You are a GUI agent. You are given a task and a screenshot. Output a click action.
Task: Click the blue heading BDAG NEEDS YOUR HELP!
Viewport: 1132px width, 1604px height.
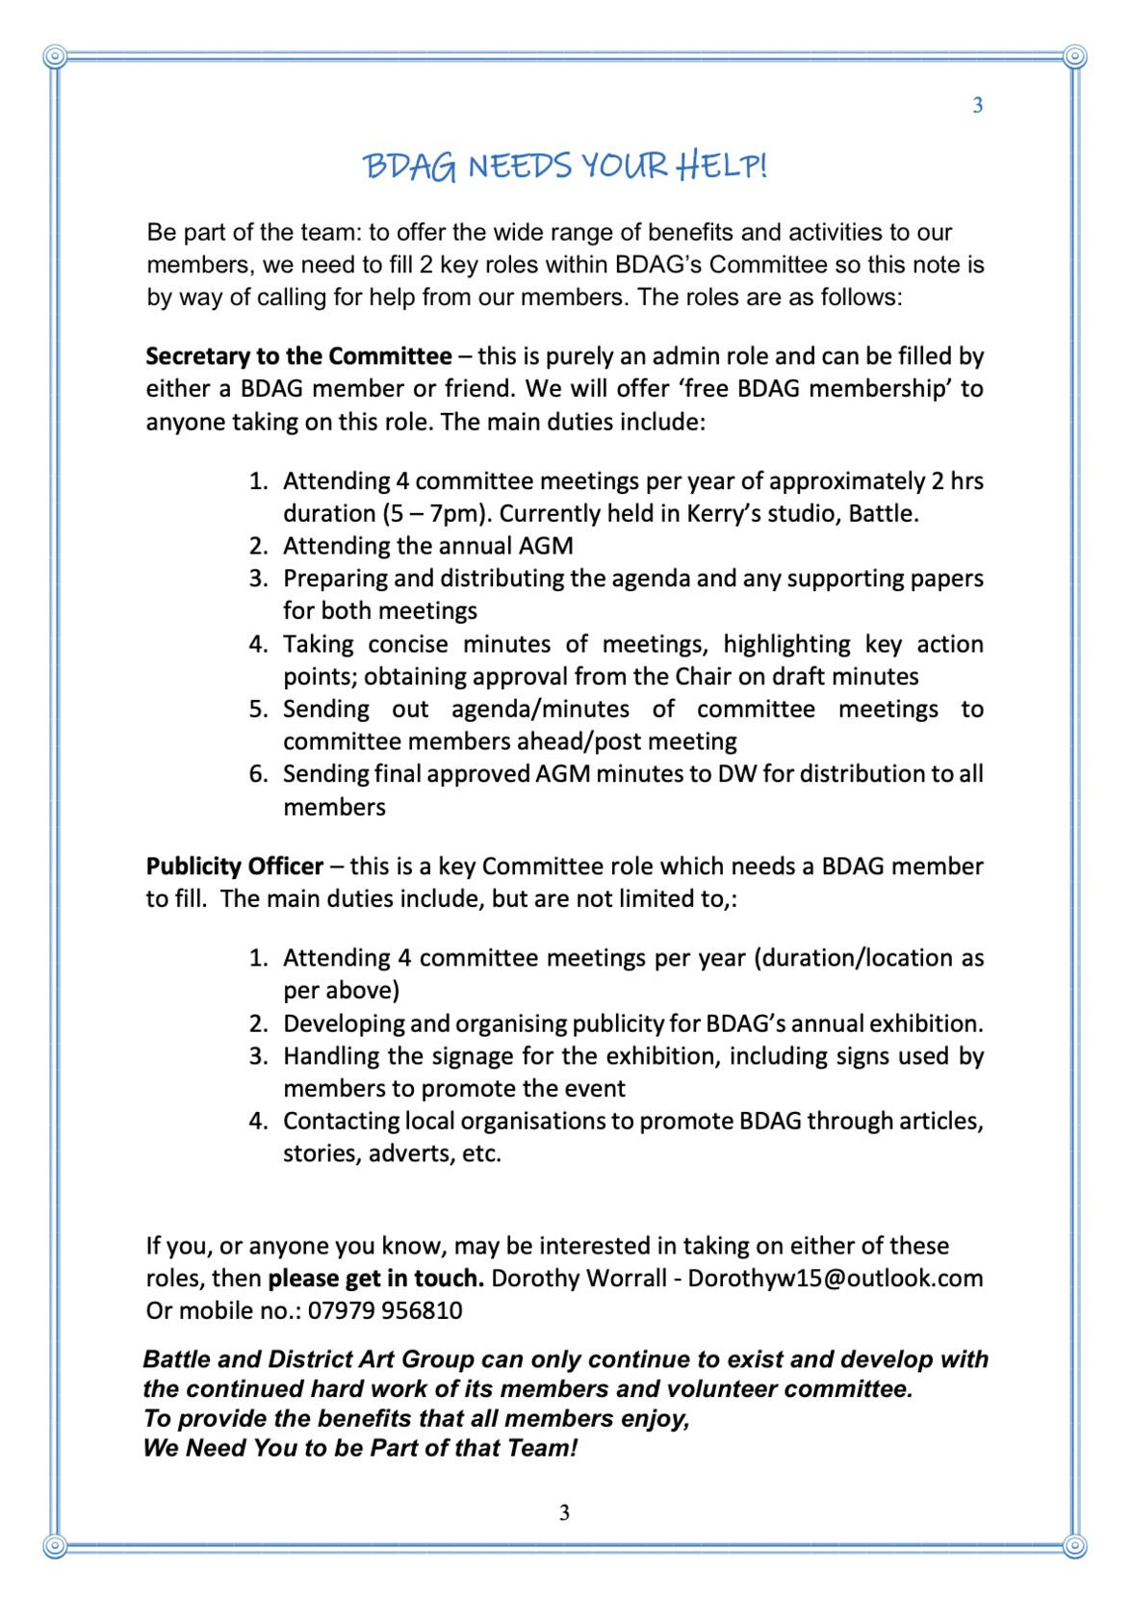pos(565,166)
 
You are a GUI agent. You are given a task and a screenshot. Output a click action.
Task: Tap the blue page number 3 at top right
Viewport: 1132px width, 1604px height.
pos(977,106)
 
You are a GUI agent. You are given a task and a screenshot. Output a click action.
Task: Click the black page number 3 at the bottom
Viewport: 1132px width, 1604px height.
pos(564,1513)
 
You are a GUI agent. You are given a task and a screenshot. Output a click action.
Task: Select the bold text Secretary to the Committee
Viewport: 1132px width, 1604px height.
pos(298,356)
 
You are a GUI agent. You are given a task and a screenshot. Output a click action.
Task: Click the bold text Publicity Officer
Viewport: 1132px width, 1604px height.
pos(234,867)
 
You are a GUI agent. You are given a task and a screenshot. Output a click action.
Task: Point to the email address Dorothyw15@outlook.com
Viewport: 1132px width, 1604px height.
pos(835,1279)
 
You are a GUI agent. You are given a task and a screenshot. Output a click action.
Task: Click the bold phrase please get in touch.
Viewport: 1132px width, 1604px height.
pos(375,1279)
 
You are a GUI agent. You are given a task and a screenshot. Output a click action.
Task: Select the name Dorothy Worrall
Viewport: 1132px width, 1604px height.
pos(579,1279)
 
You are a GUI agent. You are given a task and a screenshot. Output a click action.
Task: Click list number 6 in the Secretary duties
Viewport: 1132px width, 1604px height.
pos(257,774)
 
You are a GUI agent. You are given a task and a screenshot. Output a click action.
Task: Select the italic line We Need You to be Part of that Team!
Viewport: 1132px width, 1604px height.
pos(360,1448)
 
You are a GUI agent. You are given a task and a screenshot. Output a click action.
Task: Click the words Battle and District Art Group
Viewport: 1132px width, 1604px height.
pos(308,1359)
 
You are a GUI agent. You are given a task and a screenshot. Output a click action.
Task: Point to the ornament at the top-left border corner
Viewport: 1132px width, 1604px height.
pos(55,57)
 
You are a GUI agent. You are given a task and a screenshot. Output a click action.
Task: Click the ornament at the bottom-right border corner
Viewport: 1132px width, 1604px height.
pos(1075,1546)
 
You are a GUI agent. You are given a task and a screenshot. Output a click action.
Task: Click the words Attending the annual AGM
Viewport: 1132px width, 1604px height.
pos(427,547)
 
